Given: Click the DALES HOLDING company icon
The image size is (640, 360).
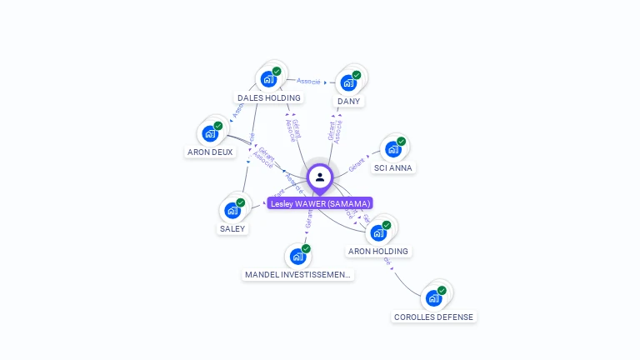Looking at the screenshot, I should pos(268,79).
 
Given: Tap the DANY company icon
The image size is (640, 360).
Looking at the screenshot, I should pos(348,83).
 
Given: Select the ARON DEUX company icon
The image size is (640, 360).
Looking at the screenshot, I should pos(210,133).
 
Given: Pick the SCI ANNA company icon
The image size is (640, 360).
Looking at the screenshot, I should pos(392,149).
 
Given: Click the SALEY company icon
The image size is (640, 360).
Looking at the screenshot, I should pos(232,210).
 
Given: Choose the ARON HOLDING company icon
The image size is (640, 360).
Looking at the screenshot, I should pos(377,232).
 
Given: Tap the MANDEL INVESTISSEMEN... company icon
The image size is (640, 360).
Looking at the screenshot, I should pos(297,257).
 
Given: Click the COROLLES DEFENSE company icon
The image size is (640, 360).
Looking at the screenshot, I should pos(433,298).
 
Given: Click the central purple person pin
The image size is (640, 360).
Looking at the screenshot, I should pos(320,177).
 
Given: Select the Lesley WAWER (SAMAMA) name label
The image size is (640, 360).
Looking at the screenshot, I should pos(320,203).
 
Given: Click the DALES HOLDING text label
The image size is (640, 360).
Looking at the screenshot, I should pos(268,97).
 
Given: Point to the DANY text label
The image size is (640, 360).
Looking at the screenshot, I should pos(348,102).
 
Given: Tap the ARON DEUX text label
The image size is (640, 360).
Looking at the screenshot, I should pos(210,152).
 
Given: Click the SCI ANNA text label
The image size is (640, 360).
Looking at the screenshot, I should pos(392,167).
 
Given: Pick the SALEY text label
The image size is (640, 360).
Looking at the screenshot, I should pos(232,228).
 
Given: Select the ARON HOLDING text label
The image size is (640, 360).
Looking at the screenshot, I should pos(377,251).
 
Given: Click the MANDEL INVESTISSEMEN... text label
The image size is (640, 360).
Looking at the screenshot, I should pos(297,275).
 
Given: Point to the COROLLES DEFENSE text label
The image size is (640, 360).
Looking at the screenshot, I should pos(433,317).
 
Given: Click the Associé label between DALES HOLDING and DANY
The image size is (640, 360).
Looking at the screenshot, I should pos(309,81).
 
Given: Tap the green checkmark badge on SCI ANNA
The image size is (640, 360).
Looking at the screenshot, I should pos(401,142).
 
